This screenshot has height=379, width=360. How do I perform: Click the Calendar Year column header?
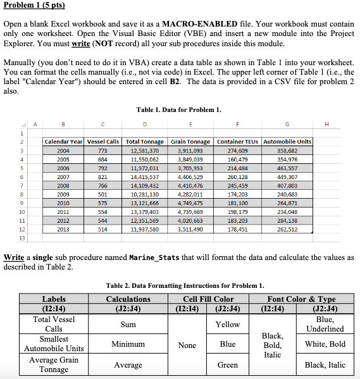[63, 141]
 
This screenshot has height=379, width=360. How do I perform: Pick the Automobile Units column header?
[287, 141]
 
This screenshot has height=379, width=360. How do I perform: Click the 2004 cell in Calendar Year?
[63, 152]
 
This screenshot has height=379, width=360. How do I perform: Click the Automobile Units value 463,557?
[287, 170]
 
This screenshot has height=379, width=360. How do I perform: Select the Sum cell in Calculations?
[123, 324]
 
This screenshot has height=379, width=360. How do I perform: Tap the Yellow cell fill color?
[228, 324]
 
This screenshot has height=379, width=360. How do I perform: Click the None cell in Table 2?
[187, 345]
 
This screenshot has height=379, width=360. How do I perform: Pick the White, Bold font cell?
[325, 344]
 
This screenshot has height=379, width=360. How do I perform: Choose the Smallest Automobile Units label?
[54, 344]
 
